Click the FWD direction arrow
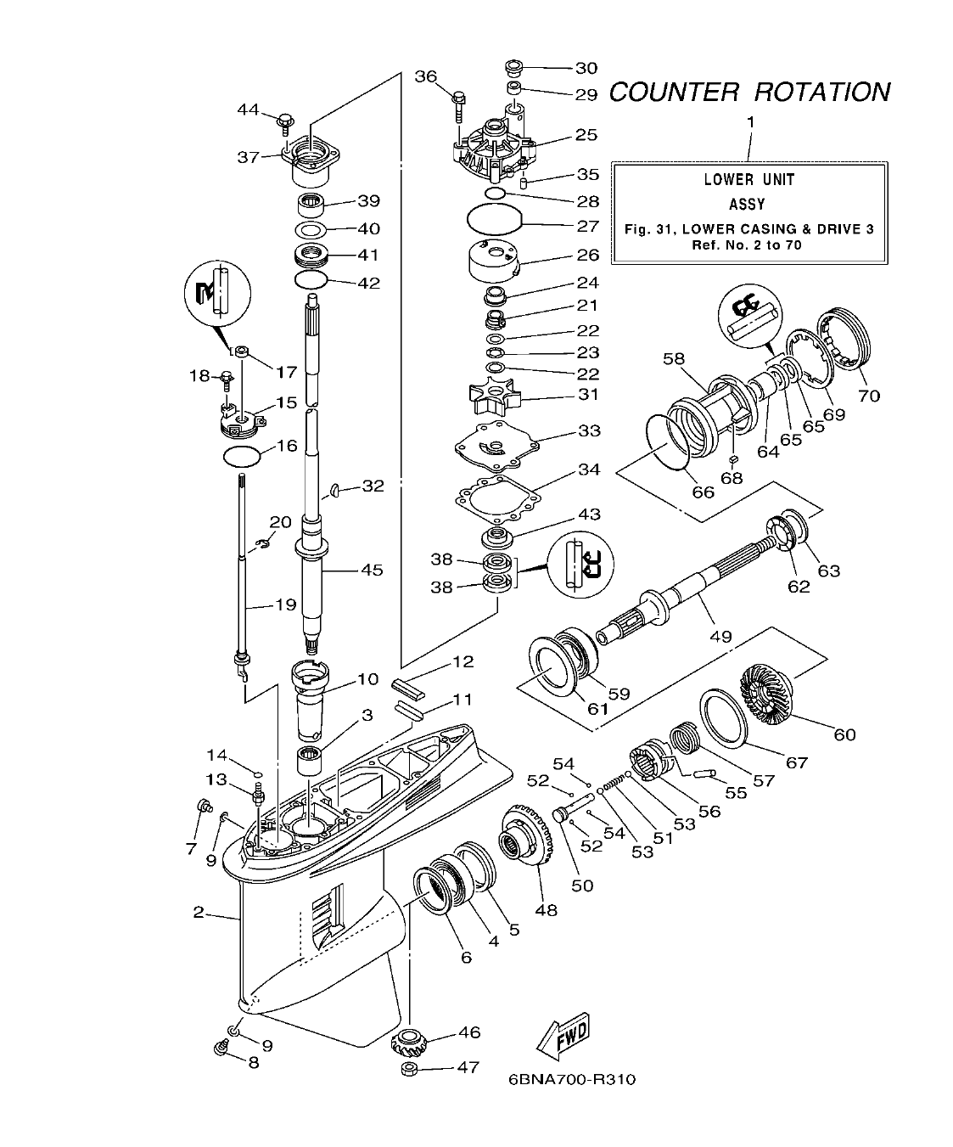562,1037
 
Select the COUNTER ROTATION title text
749,92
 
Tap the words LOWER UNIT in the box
749,179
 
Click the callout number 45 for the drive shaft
371,570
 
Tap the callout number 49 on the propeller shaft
720,636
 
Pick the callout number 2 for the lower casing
199,913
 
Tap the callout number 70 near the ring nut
869,396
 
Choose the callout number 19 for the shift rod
285,604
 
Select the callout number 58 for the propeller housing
674,358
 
